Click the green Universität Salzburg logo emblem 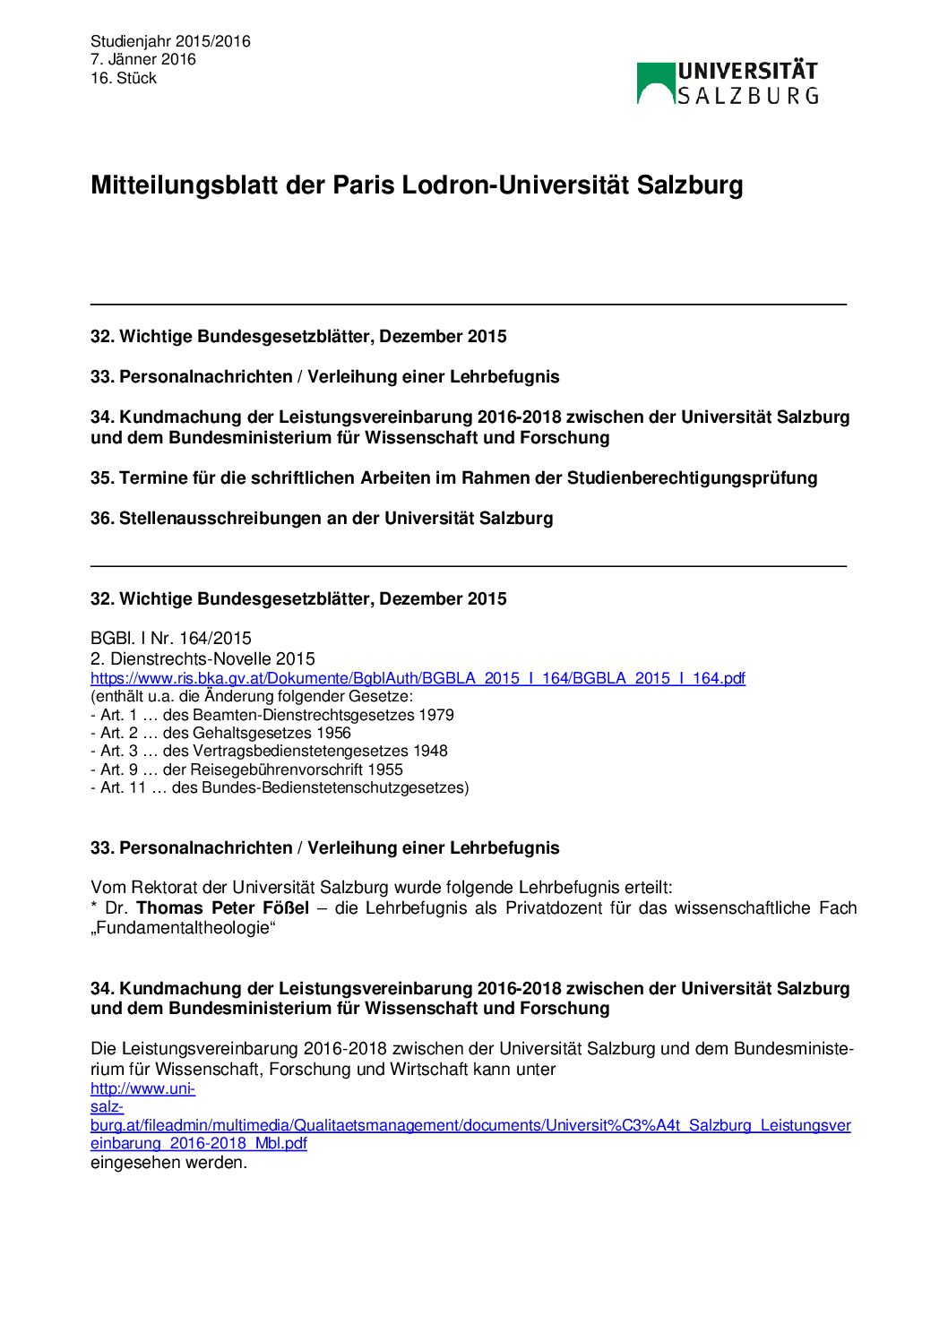pyautogui.click(x=656, y=83)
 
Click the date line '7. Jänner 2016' pyautogui.click(x=142, y=60)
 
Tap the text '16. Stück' pyautogui.click(x=124, y=79)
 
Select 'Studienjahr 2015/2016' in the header pyautogui.click(x=170, y=41)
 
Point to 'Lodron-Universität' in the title pyautogui.click(x=515, y=185)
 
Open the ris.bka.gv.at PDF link pyautogui.click(x=418, y=678)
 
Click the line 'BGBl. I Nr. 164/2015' pyautogui.click(x=171, y=639)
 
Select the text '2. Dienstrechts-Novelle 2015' pyautogui.click(x=203, y=658)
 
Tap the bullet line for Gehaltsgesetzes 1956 pyautogui.click(x=220, y=733)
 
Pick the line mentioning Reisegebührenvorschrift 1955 pyautogui.click(x=246, y=769)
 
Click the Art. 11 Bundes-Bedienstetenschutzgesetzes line pyautogui.click(x=280, y=788)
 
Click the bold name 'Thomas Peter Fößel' pyautogui.click(x=222, y=908)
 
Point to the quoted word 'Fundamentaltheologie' pyautogui.click(x=184, y=928)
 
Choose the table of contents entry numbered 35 pyautogui.click(x=453, y=478)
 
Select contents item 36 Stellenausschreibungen pyautogui.click(x=322, y=519)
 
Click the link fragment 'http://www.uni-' pyautogui.click(x=142, y=1089)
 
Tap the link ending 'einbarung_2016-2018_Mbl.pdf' pyautogui.click(x=199, y=1144)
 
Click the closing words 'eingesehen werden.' pyautogui.click(x=168, y=1163)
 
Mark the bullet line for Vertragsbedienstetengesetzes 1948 pyautogui.click(x=269, y=752)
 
